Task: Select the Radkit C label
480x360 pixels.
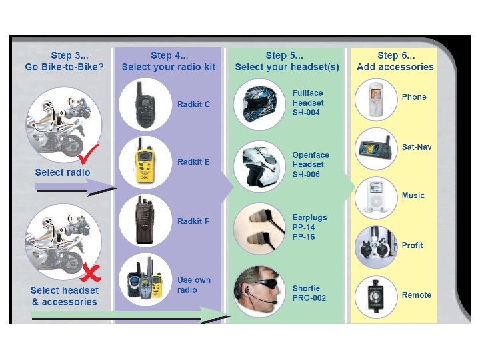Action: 194,105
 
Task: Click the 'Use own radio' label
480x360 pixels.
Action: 194,285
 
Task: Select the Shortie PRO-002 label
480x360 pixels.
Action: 309,293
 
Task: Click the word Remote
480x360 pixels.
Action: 417,295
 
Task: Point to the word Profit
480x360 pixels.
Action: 413,245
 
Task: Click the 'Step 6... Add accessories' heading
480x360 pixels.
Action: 395,61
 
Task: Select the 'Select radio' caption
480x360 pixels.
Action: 63,172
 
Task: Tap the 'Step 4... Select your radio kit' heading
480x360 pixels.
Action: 169,61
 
